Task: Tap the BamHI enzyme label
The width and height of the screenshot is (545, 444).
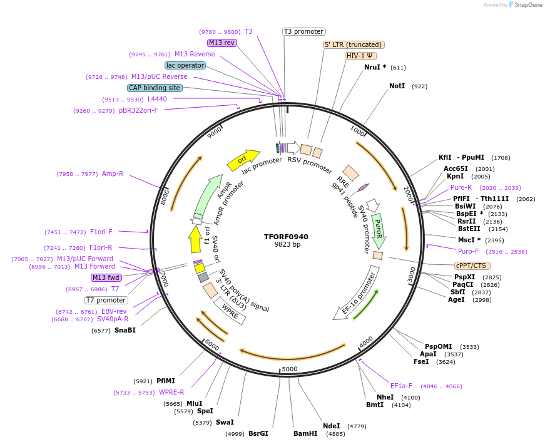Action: (x=305, y=433)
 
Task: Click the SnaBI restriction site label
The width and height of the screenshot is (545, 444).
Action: (x=125, y=330)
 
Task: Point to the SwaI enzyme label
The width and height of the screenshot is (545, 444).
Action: (x=225, y=422)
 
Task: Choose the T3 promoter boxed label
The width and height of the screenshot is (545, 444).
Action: (x=304, y=31)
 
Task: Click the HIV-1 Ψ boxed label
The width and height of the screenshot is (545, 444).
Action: (x=360, y=56)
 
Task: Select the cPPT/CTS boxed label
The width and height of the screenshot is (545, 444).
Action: (x=472, y=266)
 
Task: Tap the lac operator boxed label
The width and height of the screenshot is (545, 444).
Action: (x=185, y=65)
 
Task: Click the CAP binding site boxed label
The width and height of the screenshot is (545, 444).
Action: (x=155, y=88)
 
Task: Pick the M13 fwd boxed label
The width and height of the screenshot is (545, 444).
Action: (x=106, y=277)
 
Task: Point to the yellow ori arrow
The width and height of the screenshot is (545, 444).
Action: (x=243, y=160)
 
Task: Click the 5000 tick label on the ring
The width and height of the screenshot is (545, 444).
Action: (x=289, y=369)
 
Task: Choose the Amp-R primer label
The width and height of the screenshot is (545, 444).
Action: (x=113, y=174)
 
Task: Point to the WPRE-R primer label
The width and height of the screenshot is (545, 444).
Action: (x=171, y=393)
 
